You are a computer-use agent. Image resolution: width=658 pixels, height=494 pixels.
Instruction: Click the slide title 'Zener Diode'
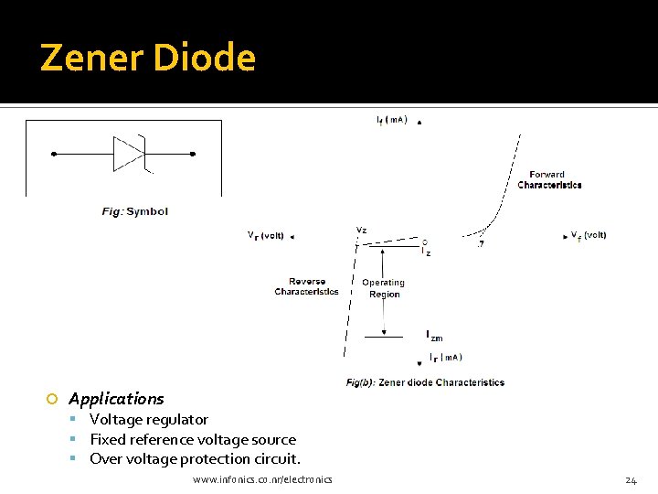(148, 58)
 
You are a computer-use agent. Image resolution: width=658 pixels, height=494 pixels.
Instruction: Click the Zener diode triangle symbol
(128, 154)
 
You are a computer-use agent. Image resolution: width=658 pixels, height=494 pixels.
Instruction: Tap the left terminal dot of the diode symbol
(54, 154)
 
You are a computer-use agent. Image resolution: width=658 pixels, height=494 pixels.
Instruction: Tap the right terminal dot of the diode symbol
(192, 154)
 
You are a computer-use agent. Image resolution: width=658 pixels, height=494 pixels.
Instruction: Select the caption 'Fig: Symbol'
(134, 211)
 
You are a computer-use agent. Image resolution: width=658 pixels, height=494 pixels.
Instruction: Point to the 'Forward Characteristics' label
(549, 179)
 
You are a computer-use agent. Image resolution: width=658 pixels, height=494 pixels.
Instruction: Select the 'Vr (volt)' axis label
(265, 235)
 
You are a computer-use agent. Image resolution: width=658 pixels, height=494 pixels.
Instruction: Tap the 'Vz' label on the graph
(361, 231)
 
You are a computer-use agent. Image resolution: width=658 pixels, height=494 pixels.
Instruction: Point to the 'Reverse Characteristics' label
(306, 286)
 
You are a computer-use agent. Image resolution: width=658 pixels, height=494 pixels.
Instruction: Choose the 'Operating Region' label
(383, 288)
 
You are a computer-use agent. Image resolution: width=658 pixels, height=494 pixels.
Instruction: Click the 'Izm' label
(433, 335)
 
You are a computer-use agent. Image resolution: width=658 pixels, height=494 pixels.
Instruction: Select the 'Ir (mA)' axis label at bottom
(445, 357)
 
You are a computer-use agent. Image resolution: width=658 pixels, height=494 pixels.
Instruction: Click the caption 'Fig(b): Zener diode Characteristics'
(425, 382)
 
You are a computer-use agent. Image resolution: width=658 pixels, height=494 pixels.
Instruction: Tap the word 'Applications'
(116, 399)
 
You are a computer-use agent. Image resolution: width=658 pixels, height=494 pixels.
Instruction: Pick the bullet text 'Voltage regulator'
(149, 420)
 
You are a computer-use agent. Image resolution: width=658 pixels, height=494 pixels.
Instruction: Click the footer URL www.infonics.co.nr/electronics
(263, 479)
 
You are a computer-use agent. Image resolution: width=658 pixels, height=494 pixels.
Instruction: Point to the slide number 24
(631, 480)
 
